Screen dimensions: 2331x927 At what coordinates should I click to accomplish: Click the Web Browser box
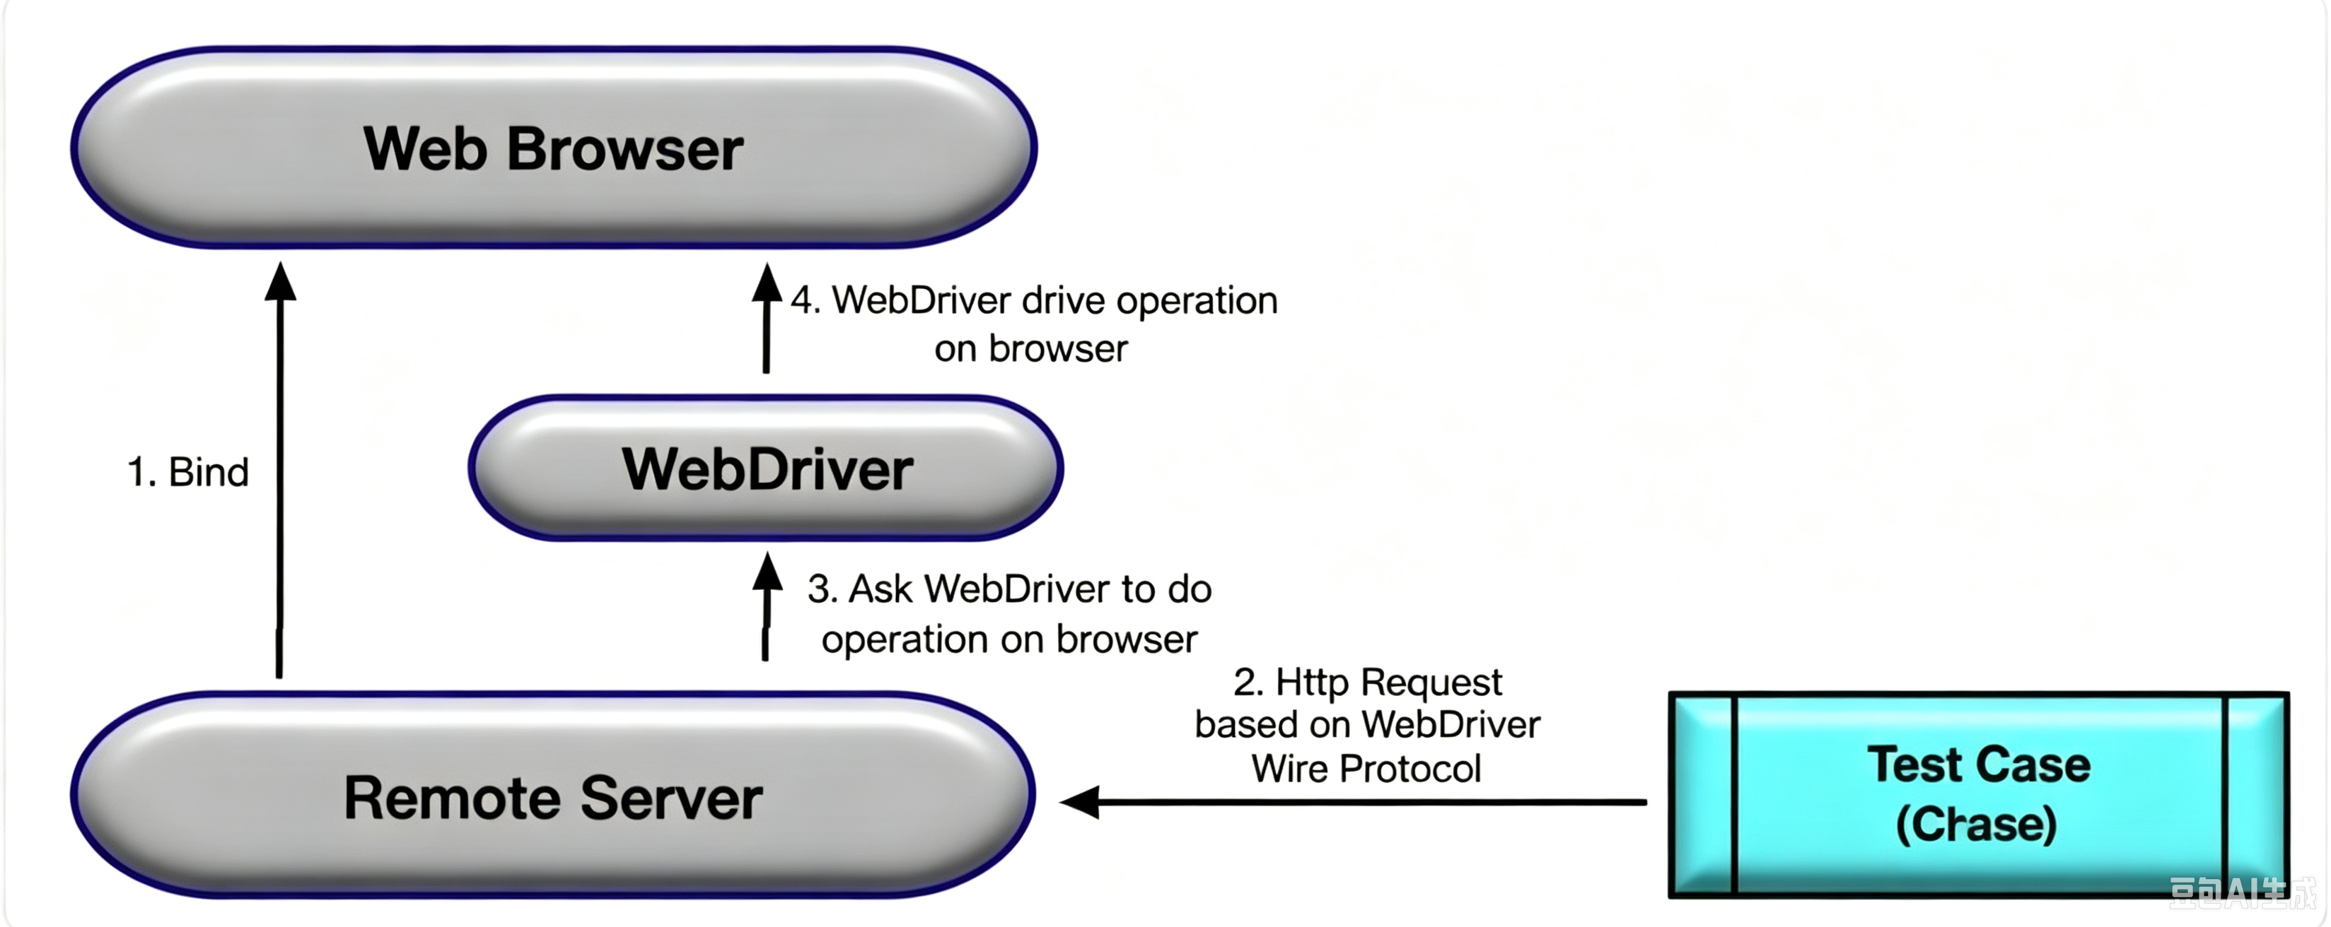tap(554, 148)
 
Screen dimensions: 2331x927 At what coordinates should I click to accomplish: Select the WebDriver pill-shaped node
tap(765, 468)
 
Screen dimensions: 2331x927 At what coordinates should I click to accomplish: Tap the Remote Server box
tap(553, 796)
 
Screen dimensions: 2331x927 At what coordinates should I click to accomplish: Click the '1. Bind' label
tap(188, 472)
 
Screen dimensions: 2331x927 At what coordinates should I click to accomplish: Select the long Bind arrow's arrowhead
tap(281, 281)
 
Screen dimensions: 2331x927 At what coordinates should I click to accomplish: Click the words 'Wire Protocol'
tap(1366, 769)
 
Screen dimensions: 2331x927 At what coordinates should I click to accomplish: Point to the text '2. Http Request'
tap(1367, 682)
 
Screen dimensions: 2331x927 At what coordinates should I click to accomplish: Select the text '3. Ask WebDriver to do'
tap(1009, 589)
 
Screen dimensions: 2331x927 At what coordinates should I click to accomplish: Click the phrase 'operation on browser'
tap(1009, 639)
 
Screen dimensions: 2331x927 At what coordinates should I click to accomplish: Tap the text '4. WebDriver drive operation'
tap(1033, 300)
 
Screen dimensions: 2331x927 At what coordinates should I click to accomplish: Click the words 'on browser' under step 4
tap(1030, 348)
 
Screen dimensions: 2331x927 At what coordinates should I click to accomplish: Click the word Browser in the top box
tap(625, 148)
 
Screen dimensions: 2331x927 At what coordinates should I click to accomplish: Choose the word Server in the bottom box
tap(671, 798)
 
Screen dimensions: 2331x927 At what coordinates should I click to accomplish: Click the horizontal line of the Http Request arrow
tap(1373, 802)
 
